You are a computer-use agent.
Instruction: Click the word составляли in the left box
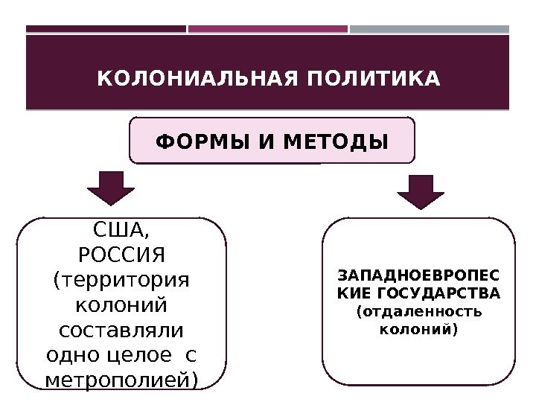click(x=121, y=330)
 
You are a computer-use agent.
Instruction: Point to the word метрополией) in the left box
click(x=121, y=380)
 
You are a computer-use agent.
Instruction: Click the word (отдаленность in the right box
click(x=419, y=311)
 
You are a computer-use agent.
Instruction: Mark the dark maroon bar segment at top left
click(x=106, y=30)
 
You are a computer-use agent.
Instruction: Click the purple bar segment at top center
click(x=268, y=30)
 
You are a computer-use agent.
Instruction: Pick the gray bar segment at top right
click(x=430, y=30)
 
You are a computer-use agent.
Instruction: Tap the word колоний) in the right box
click(x=419, y=328)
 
